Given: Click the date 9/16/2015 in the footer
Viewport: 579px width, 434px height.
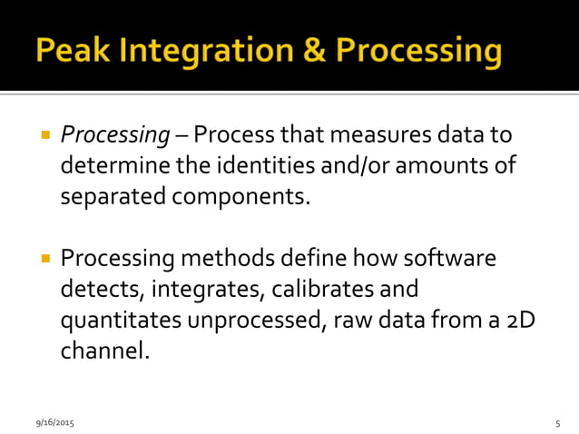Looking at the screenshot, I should point(54,423).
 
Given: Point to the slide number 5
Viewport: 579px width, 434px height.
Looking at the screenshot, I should point(557,423).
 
